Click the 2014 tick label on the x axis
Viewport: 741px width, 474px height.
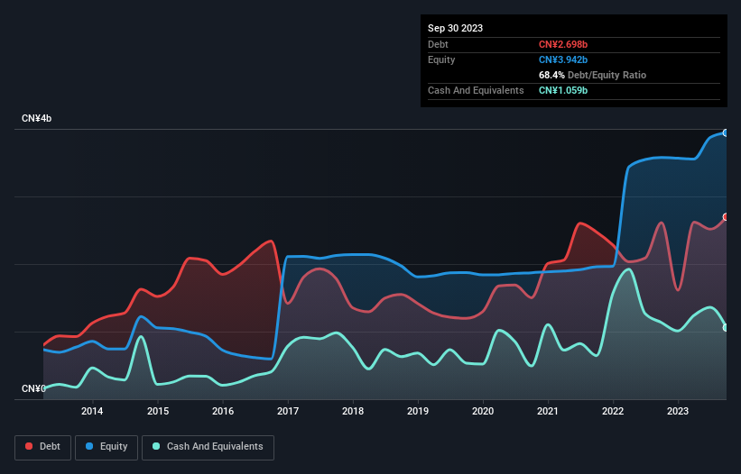(92, 412)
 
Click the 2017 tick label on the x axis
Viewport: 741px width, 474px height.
(287, 412)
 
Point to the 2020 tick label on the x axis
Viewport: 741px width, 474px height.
(483, 412)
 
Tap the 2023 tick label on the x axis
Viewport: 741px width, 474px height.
(678, 412)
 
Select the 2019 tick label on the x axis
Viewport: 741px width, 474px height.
(418, 412)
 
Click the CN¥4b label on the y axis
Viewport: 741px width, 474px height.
(37, 119)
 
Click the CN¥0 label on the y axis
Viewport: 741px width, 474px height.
(33, 389)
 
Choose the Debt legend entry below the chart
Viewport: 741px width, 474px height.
(42, 446)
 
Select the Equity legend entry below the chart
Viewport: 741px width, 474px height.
(107, 446)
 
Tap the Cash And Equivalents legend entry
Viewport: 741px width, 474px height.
(208, 446)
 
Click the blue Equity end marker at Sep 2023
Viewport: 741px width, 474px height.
(725, 132)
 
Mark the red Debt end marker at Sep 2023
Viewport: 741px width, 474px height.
(725, 217)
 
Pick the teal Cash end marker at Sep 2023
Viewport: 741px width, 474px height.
(725, 327)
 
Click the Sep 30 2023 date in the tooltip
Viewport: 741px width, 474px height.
(456, 28)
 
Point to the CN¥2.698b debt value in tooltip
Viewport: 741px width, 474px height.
(563, 44)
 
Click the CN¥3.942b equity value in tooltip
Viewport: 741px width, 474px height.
(563, 59)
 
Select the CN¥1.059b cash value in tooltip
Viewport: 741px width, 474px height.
(563, 90)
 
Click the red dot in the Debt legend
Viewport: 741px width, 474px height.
(30, 446)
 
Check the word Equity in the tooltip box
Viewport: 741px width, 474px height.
(441, 59)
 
